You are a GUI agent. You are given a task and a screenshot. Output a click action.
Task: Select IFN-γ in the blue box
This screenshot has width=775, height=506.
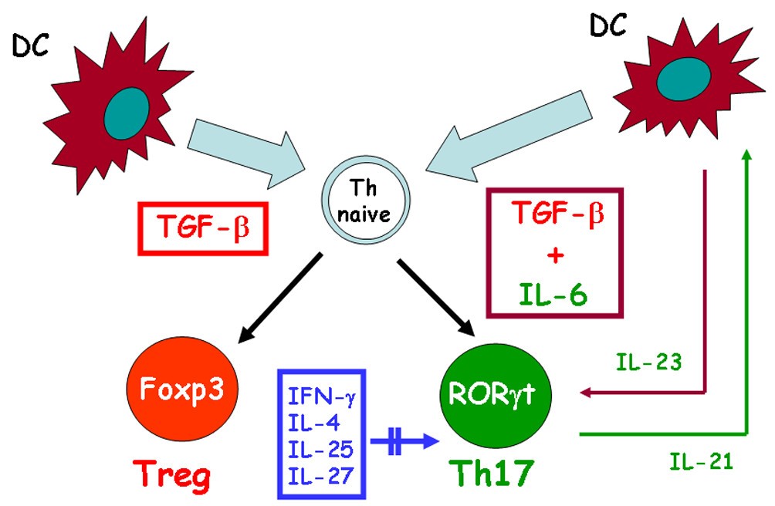pos(321,399)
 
